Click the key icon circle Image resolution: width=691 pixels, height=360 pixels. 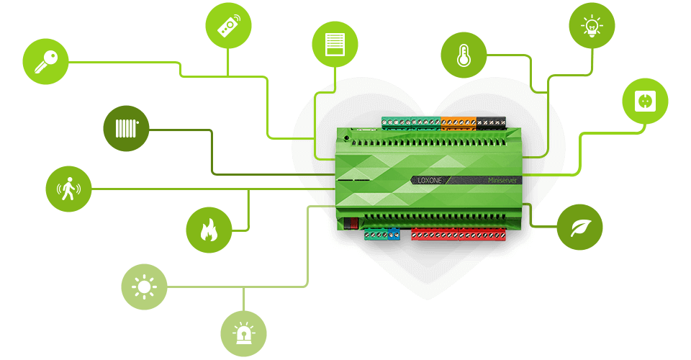coord(46,61)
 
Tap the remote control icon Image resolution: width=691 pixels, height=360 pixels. coord(227,27)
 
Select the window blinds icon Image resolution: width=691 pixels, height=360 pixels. coord(335,44)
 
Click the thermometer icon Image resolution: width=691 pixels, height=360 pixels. coord(464,55)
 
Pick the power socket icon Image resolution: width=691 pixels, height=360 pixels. coord(645,102)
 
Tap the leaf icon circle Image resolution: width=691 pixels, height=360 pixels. coord(579,227)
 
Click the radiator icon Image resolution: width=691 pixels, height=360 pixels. coord(126,129)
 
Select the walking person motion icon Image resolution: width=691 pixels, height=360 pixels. coord(69,189)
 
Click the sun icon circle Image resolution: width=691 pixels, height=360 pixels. coord(144,287)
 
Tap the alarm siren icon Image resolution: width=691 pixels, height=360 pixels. coord(243,333)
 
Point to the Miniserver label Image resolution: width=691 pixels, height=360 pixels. coord(504,180)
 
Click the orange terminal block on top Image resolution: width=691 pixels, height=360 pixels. coord(459,122)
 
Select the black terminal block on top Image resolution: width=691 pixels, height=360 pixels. coord(491,122)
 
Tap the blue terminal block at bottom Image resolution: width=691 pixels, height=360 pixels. coord(392,234)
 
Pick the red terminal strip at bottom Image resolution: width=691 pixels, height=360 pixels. coord(458,234)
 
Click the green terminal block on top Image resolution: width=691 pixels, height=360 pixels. coord(410,122)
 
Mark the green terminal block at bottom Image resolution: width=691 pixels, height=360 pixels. coord(375,234)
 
